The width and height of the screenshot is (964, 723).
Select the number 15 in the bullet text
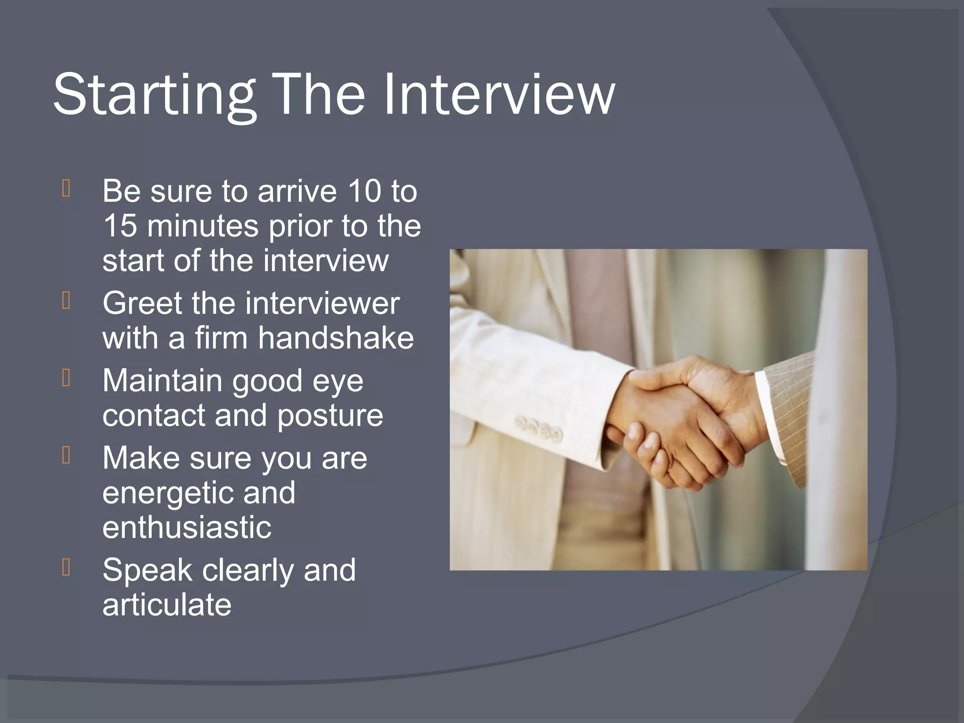(x=120, y=226)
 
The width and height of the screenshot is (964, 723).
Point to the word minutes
(x=202, y=226)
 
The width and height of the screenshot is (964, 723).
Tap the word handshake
(x=336, y=338)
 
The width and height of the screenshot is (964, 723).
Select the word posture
(x=330, y=416)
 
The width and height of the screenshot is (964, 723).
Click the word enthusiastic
(x=187, y=527)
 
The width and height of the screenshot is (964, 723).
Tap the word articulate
(x=167, y=605)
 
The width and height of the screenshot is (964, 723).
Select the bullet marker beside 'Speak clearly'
(x=66, y=567)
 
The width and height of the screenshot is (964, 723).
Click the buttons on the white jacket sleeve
(x=539, y=428)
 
